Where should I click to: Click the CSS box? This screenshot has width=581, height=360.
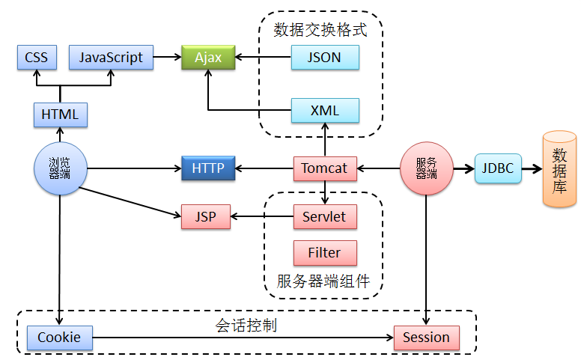[36, 58]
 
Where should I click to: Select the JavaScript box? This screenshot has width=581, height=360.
[111, 58]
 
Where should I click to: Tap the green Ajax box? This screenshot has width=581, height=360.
[208, 58]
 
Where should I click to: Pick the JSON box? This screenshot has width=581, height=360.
[325, 58]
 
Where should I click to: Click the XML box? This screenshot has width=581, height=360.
[325, 111]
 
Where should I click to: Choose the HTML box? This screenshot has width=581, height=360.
[61, 115]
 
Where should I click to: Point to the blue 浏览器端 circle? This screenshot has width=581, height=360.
[60, 168]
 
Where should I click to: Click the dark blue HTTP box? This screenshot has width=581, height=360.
[208, 168]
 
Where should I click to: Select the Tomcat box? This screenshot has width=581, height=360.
[324, 168]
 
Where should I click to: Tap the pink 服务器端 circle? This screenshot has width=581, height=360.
[426, 168]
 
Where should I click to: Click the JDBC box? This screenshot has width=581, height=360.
[498, 168]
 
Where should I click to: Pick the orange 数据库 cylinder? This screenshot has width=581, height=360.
[559, 168]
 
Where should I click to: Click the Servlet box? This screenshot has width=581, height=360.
[324, 217]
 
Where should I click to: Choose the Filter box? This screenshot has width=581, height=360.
[324, 253]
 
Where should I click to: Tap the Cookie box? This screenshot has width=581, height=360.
[59, 338]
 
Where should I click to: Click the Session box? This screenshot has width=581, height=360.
[426, 338]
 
